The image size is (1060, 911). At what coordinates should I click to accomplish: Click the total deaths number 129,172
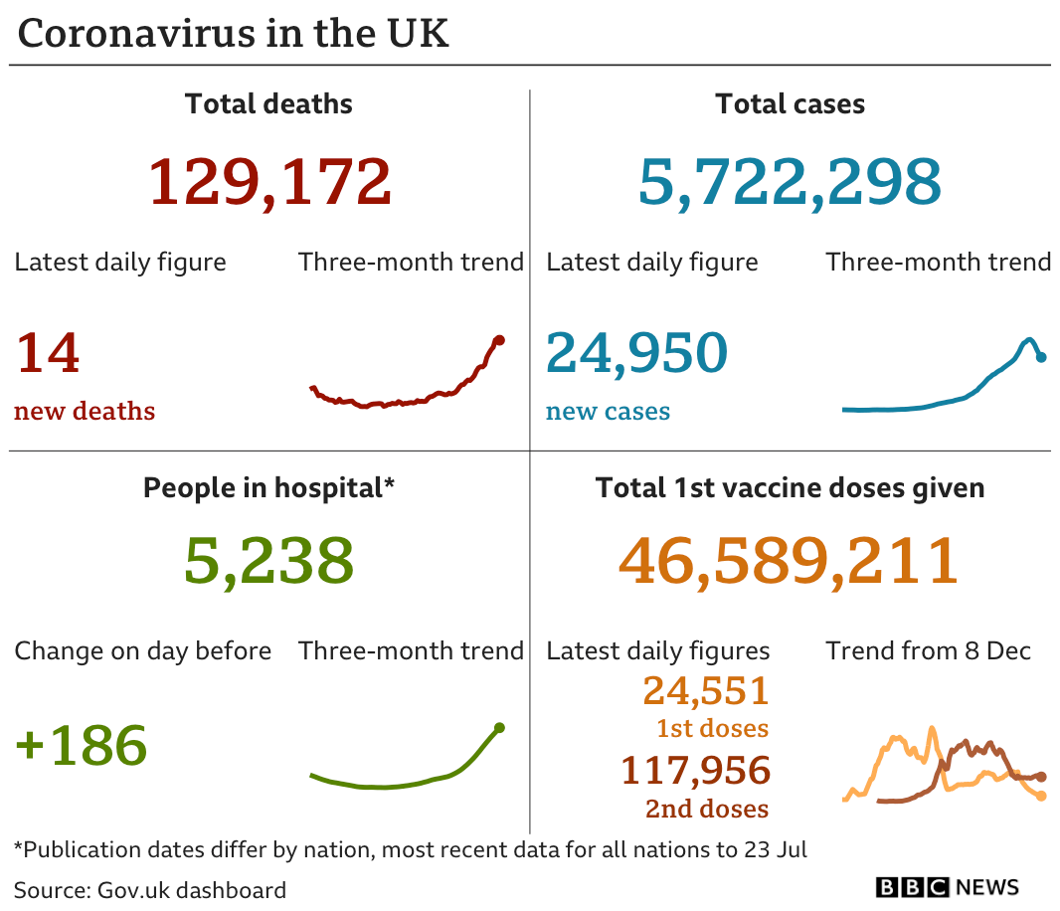tap(269, 182)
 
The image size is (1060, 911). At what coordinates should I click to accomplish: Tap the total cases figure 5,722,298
tap(790, 182)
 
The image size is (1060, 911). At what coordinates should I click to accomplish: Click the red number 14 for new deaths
tap(47, 353)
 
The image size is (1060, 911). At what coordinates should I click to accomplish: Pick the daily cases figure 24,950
tap(636, 353)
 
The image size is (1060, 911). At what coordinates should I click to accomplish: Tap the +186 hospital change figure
tap(82, 745)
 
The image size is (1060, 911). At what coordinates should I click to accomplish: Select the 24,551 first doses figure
tap(706, 690)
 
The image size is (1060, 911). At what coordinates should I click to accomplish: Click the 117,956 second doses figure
tap(695, 770)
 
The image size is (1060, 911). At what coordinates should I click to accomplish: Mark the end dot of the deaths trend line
tap(499, 340)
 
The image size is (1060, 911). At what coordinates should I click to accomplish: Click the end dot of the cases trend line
tap(1041, 357)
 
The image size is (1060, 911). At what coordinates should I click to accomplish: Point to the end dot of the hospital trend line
tap(499, 727)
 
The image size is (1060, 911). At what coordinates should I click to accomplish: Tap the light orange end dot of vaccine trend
tap(1041, 796)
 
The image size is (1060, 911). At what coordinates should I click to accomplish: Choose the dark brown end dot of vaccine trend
tap(1041, 776)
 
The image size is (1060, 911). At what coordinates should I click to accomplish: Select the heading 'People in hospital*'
tap(268, 488)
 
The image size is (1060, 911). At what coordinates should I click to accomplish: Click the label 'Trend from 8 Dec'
tap(928, 651)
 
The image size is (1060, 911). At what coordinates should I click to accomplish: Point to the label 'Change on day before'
tap(142, 651)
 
